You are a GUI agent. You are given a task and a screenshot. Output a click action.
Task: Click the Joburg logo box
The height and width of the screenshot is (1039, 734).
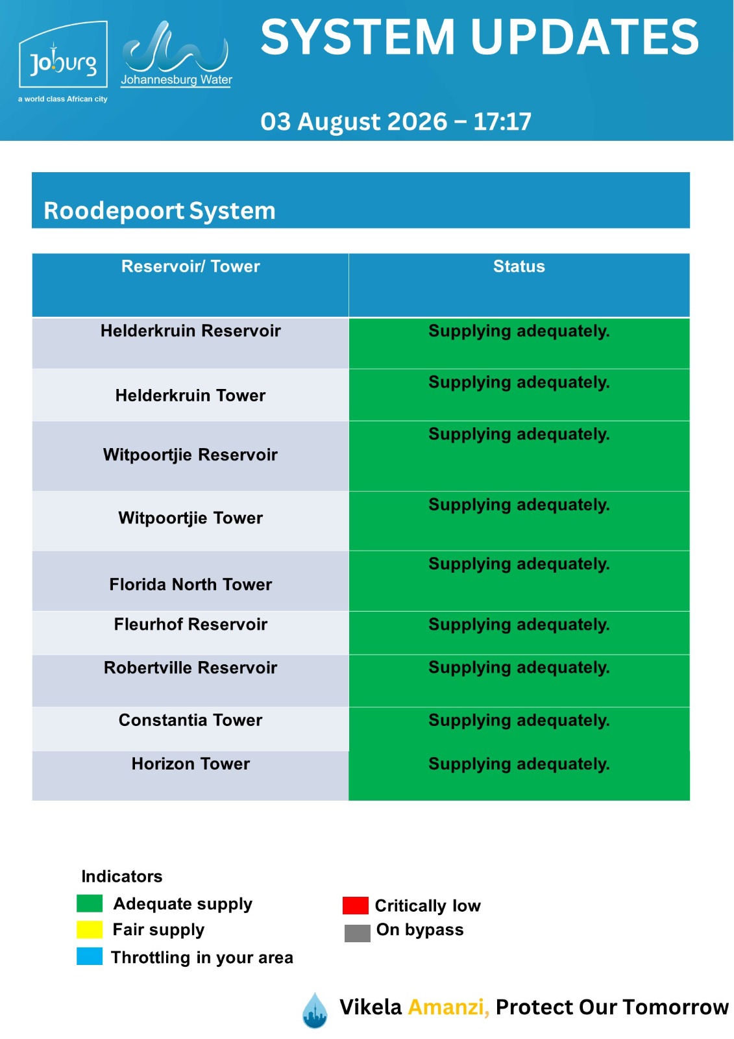[63, 55]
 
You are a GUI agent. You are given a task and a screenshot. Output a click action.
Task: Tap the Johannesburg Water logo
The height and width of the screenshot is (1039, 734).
[176, 54]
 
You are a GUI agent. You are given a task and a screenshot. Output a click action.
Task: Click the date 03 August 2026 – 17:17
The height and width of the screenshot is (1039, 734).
[395, 121]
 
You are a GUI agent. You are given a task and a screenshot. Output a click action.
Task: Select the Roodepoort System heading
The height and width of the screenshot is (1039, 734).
[160, 210]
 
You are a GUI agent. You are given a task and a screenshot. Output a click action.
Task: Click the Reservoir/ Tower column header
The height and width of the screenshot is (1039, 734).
[190, 266]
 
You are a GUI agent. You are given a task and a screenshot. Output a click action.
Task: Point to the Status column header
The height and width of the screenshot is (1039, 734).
[519, 266]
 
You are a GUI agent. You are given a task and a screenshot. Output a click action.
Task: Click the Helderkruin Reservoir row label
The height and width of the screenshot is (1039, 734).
[190, 331]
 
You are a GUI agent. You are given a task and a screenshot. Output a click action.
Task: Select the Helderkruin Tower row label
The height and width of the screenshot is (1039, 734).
[190, 395]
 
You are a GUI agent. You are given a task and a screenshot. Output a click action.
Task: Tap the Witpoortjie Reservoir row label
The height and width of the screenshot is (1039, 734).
[190, 455]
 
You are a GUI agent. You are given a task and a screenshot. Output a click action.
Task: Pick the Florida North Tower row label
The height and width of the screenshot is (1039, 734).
[190, 584]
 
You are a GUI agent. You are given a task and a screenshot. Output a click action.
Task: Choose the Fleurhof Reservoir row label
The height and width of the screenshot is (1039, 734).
[190, 624]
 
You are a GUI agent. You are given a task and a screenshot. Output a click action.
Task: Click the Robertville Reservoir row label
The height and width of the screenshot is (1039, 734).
[190, 668]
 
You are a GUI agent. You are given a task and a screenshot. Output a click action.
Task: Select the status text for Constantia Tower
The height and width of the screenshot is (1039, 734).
[519, 721]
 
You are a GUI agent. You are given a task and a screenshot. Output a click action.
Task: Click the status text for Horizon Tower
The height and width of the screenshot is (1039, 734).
[519, 764]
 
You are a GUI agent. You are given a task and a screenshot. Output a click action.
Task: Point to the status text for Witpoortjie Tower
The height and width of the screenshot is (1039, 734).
[519, 505]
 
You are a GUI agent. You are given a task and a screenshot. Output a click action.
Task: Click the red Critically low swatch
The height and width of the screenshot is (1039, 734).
[355, 905]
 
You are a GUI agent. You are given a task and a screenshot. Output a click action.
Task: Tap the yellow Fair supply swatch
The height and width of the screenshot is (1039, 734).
[90, 929]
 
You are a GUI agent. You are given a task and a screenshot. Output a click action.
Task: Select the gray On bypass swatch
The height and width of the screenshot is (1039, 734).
[357, 933]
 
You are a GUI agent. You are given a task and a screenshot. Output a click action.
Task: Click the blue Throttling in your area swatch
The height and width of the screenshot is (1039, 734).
[90, 957]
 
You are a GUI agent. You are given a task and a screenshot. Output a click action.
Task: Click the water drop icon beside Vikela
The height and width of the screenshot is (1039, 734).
[315, 1010]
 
